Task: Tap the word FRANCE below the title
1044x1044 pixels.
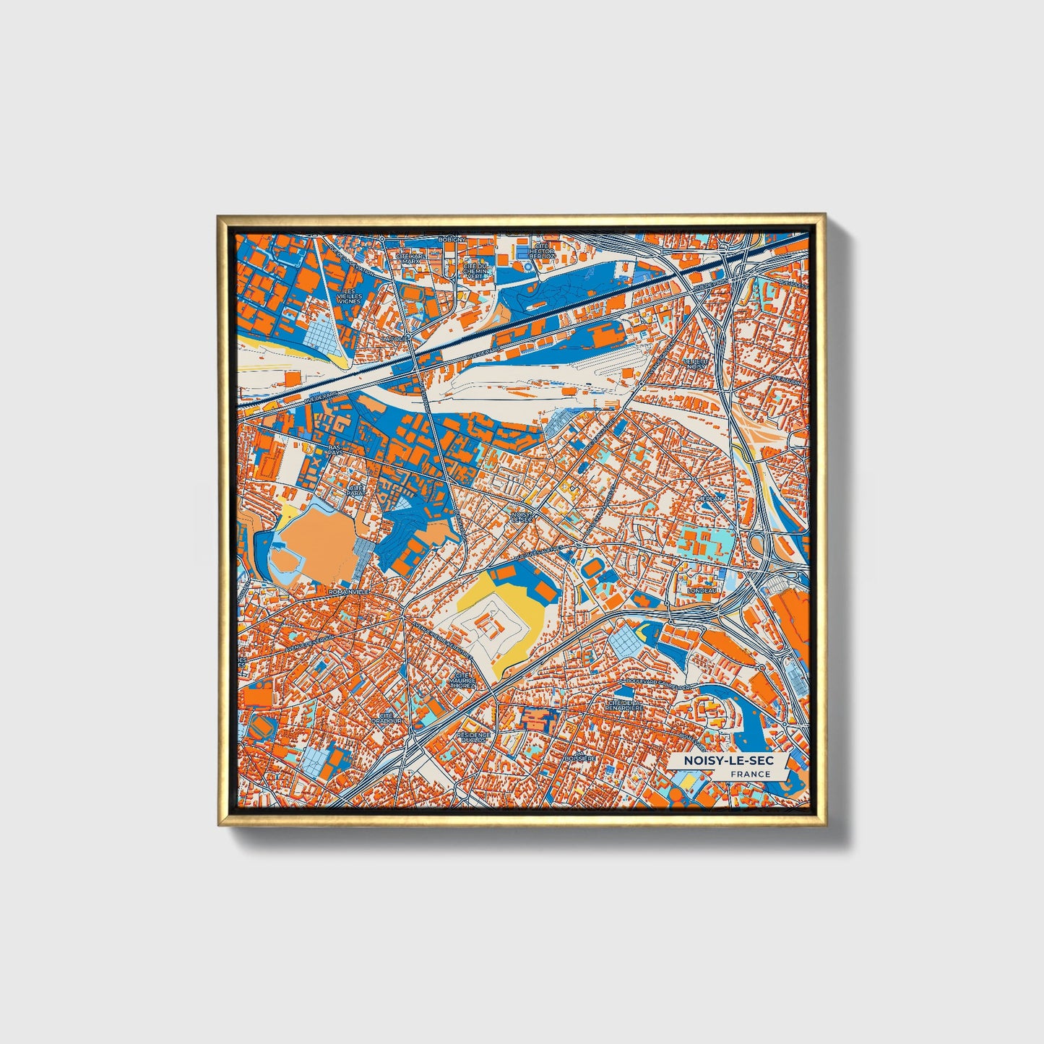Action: pyautogui.click(x=750, y=775)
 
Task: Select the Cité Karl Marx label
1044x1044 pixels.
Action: pyautogui.click(x=410, y=258)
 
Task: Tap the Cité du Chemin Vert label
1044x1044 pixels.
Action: pyautogui.click(x=475, y=271)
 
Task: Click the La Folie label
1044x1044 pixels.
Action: pyautogui.click(x=394, y=338)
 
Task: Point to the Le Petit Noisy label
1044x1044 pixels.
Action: pyautogui.click(x=695, y=363)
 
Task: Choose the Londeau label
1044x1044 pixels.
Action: pyautogui.click(x=702, y=590)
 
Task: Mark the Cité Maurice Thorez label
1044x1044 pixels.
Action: pyautogui.click(x=462, y=680)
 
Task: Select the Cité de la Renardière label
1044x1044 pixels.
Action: pyautogui.click(x=625, y=705)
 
